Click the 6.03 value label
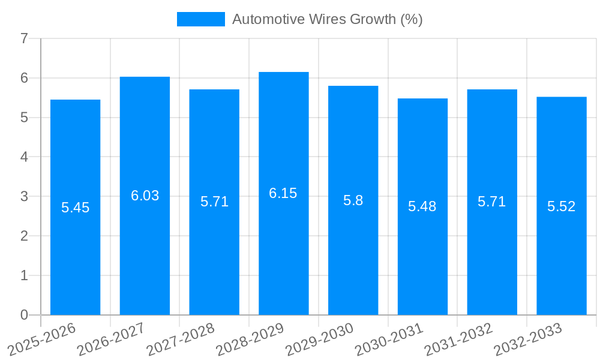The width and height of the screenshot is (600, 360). [145, 196]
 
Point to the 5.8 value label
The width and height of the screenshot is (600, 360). [353, 200]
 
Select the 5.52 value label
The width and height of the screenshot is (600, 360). [561, 207]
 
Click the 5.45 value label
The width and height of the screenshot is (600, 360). [75, 208]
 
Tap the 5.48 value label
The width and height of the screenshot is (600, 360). [422, 207]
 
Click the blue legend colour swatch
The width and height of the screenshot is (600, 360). [200, 19]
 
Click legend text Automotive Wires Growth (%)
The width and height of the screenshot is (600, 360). [327, 19]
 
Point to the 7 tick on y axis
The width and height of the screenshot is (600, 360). [24, 38]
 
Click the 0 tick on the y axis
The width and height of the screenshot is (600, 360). [24, 315]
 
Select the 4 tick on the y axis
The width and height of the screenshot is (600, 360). [24, 157]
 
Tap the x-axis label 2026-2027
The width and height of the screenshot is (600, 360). [111, 339]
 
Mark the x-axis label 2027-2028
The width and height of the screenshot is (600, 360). [181, 339]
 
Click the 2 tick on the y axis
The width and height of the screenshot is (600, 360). [24, 236]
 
